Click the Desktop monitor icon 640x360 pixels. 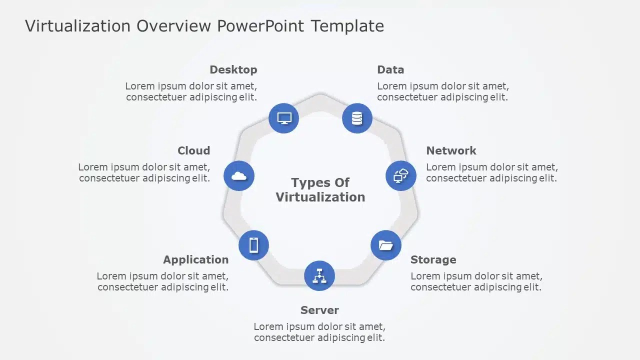click(284, 118)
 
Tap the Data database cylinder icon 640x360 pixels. click(357, 118)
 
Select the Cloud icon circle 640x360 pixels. click(239, 175)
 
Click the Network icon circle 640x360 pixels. click(401, 175)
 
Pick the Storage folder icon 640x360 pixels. click(386, 245)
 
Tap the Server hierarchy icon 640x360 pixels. click(319, 275)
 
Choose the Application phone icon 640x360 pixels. click(253, 245)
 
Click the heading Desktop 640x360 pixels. click(233, 69)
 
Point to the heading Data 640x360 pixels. click(390, 69)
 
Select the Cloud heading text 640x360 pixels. click(193, 150)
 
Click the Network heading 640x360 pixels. click(451, 150)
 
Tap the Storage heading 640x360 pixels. click(433, 259)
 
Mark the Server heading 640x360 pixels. click(319, 310)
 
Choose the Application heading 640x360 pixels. click(195, 259)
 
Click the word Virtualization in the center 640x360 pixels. click(320, 197)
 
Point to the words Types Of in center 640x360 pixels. click(320, 182)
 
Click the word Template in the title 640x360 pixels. click(347, 25)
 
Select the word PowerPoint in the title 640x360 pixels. click(260, 25)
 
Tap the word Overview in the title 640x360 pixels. click(174, 25)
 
